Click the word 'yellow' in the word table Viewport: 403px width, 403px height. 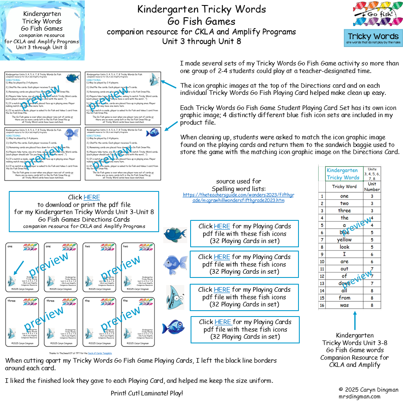point(344,240)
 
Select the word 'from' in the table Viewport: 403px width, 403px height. point(344,298)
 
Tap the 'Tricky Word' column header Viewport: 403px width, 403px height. point(344,186)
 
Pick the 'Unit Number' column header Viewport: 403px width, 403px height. point(372,186)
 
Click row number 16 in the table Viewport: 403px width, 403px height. point(322,305)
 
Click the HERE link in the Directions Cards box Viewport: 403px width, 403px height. point(92,197)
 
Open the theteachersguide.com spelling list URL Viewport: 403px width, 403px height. point(235,197)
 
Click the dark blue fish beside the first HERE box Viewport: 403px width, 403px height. point(175,235)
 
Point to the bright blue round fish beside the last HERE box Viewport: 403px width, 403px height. point(174,327)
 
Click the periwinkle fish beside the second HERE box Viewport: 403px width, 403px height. point(175,264)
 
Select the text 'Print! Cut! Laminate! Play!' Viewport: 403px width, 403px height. point(147,393)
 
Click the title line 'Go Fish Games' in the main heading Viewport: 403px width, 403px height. point(201,21)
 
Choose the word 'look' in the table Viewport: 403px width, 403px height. point(344,247)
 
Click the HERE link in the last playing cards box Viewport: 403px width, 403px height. point(223,322)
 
